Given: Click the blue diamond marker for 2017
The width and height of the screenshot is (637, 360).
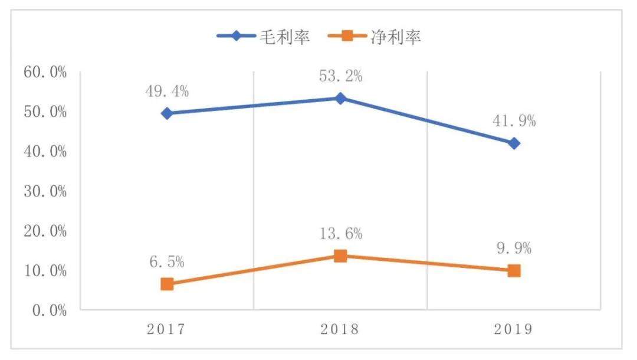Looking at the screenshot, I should (167, 113).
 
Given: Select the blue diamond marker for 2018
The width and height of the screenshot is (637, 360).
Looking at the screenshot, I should (340, 98).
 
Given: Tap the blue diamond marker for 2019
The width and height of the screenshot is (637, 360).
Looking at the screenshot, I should (514, 143).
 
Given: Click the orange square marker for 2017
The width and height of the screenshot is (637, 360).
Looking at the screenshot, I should (167, 284).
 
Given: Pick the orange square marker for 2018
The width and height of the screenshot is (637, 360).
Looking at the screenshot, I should (340, 256).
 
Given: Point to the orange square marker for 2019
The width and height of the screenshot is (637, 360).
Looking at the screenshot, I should (514, 271).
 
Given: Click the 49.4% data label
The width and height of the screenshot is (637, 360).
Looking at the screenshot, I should (167, 91).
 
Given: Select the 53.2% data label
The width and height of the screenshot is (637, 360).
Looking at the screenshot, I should (341, 76).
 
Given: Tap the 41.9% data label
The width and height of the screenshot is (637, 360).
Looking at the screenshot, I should (514, 122).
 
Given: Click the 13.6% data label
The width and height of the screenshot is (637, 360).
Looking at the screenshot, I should (341, 234).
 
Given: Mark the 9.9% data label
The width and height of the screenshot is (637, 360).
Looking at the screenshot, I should (514, 248).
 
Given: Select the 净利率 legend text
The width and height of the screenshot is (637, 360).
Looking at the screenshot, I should (396, 37).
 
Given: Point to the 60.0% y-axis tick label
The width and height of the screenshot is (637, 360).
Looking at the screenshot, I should (45, 72).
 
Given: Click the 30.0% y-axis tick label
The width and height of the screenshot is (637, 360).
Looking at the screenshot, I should (45, 191).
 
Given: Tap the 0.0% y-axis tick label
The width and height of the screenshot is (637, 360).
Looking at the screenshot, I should (48, 310).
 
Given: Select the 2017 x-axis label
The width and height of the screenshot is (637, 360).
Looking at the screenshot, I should (167, 329).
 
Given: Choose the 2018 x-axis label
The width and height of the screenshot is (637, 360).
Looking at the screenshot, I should (340, 329).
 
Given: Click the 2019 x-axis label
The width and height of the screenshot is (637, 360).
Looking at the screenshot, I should (514, 329).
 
